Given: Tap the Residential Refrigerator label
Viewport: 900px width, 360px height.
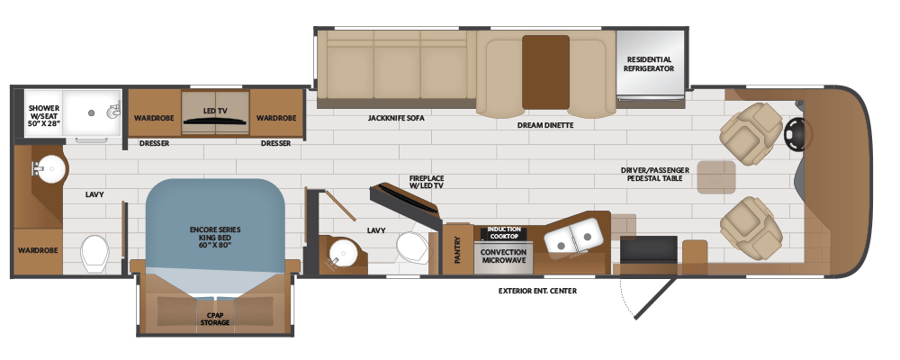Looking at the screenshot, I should click(650, 64).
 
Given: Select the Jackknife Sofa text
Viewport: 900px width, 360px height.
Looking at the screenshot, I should click(395, 118).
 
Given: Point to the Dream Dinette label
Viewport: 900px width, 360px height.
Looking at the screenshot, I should click(545, 125).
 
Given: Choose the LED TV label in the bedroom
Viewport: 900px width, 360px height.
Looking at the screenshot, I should click(216, 112).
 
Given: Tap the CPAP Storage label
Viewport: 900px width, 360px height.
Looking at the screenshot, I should click(215, 318).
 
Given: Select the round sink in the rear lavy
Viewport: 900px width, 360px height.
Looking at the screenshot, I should click(51, 167).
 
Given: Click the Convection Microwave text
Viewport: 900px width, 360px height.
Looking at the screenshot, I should click(504, 256).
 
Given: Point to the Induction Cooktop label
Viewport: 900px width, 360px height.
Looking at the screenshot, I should click(504, 233).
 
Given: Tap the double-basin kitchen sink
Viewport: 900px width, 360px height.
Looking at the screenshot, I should click(574, 236).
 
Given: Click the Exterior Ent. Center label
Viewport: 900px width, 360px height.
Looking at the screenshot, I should click(537, 292).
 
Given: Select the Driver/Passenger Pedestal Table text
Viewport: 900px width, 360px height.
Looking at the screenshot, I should click(655, 175).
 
